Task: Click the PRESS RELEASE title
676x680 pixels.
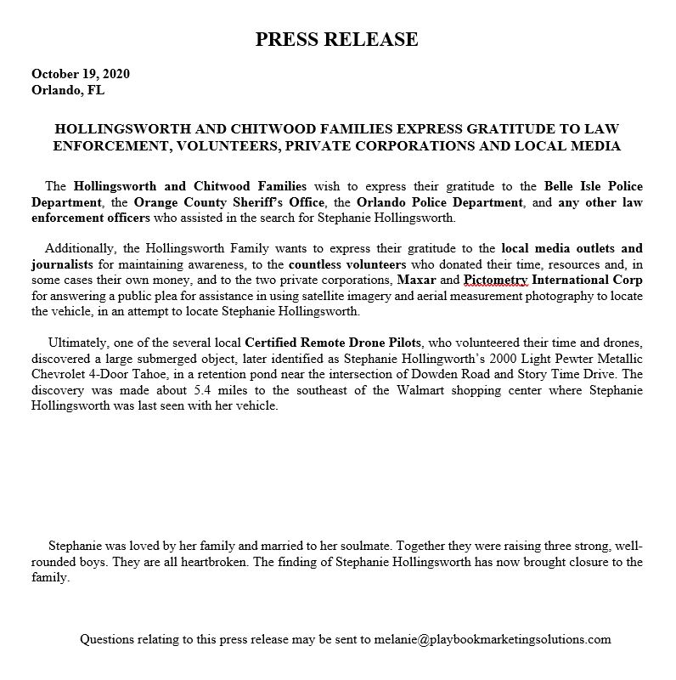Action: click(337, 39)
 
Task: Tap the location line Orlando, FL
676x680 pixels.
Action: click(68, 89)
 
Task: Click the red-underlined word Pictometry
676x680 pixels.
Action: click(496, 280)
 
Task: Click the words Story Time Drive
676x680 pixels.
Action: click(577, 373)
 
